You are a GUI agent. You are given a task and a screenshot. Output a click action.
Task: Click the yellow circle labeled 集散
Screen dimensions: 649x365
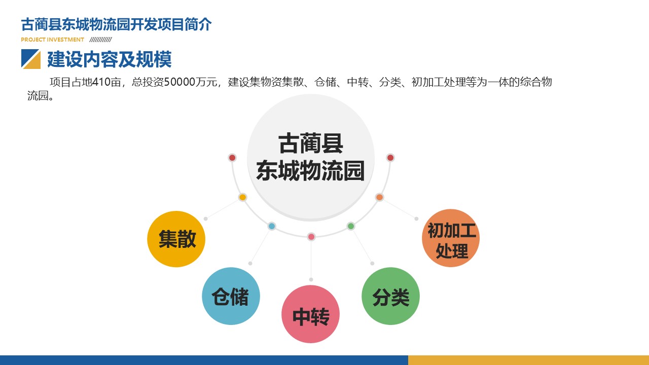(176, 239)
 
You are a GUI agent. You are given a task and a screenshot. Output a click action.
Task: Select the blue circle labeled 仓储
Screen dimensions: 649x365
(231, 296)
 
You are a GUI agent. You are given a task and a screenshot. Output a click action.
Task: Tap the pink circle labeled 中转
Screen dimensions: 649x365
(311, 314)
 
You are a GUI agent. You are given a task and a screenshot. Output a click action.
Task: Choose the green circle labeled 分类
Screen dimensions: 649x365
(390, 296)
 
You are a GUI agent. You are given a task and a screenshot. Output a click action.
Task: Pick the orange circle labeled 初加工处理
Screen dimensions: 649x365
(451, 238)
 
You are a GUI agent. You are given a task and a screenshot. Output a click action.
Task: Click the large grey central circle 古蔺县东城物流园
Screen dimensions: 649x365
(311, 157)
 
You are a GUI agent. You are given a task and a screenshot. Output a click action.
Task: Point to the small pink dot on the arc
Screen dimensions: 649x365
(311, 237)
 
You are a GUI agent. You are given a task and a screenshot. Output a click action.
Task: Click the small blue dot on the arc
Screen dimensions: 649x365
(272, 226)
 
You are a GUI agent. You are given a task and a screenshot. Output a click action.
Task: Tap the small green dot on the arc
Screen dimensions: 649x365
(351, 226)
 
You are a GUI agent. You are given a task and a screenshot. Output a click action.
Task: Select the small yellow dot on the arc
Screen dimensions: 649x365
(242, 197)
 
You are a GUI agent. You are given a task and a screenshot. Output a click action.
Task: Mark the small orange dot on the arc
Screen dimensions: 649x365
(380, 197)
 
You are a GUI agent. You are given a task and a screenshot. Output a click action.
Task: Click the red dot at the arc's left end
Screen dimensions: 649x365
(232, 158)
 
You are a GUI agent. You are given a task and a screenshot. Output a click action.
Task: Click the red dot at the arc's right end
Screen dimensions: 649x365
(390, 158)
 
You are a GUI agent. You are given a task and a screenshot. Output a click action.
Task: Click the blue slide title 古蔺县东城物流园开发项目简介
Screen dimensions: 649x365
(116, 24)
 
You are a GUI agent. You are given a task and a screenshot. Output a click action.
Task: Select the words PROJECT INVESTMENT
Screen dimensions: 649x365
(52, 40)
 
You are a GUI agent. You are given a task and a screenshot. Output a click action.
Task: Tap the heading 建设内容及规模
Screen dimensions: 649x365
(110, 59)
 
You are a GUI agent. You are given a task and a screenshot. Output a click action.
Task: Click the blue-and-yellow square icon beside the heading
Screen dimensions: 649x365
(31, 59)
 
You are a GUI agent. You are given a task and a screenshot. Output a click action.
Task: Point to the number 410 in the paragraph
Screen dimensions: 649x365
(101, 82)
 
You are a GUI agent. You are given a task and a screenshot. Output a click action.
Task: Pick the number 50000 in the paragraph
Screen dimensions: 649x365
(179, 82)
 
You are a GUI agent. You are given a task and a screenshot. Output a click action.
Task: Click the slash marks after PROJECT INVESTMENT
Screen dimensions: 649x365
(100, 40)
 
